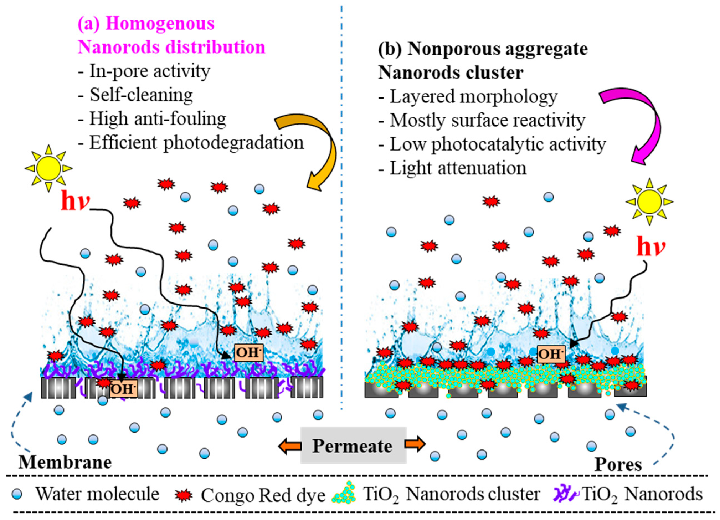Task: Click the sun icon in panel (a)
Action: pyautogui.click(x=48, y=168)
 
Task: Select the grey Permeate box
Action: pyautogui.click(x=353, y=446)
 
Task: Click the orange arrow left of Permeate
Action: pyautogui.click(x=290, y=446)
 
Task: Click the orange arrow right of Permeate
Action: pyautogui.click(x=415, y=444)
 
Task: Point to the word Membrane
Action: pyautogui.click(x=65, y=462)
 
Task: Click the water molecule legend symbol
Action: pyautogui.click(x=17, y=494)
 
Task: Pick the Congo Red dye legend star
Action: pyautogui.click(x=184, y=495)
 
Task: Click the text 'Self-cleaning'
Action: pyautogui.click(x=141, y=95)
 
